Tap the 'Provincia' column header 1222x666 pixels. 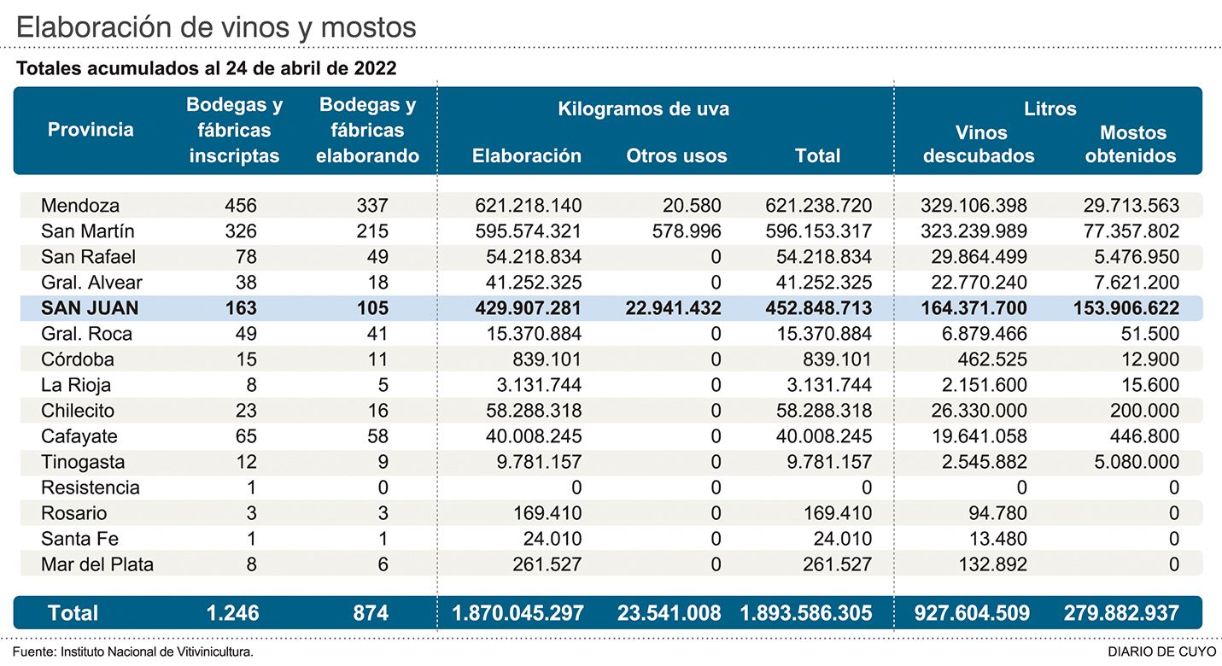(91, 130)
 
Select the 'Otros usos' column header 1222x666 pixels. (676, 156)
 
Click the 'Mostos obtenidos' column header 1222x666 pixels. (1132, 144)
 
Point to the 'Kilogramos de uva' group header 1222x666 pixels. (643, 109)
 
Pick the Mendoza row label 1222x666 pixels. (80, 206)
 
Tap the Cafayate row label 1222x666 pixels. (80, 436)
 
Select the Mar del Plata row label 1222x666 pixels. (97, 564)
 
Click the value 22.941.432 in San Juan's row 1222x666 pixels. (669, 308)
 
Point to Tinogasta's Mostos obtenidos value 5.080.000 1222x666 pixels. (1131, 462)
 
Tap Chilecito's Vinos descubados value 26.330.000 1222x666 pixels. (974, 411)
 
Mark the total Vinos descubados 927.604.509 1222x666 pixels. (963, 613)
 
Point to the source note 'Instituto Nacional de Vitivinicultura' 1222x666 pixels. (157, 651)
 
